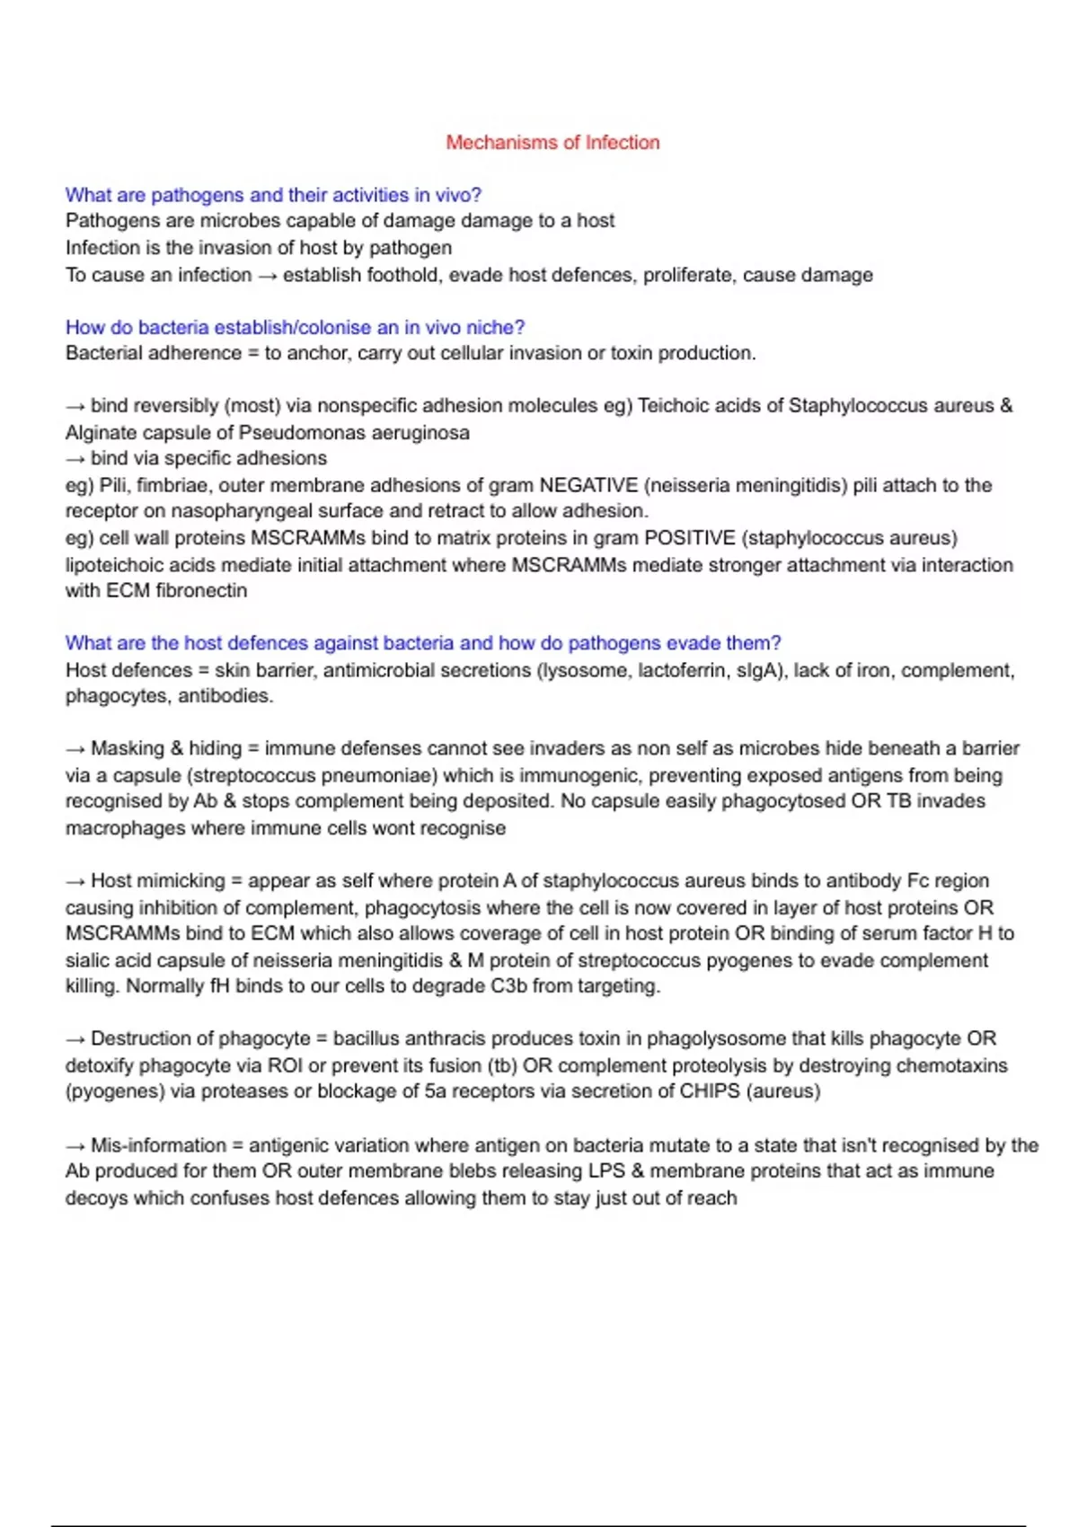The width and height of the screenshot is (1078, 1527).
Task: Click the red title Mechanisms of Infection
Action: point(552,143)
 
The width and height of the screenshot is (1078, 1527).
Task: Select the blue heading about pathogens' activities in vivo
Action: point(273,195)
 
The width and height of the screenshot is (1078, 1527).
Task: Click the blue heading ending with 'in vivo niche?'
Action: point(295,327)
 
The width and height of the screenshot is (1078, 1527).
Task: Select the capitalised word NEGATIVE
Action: point(588,486)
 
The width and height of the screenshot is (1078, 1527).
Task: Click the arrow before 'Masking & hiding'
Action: point(75,749)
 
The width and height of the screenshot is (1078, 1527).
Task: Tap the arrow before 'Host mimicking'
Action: point(75,881)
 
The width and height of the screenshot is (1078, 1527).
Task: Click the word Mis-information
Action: point(158,1146)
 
